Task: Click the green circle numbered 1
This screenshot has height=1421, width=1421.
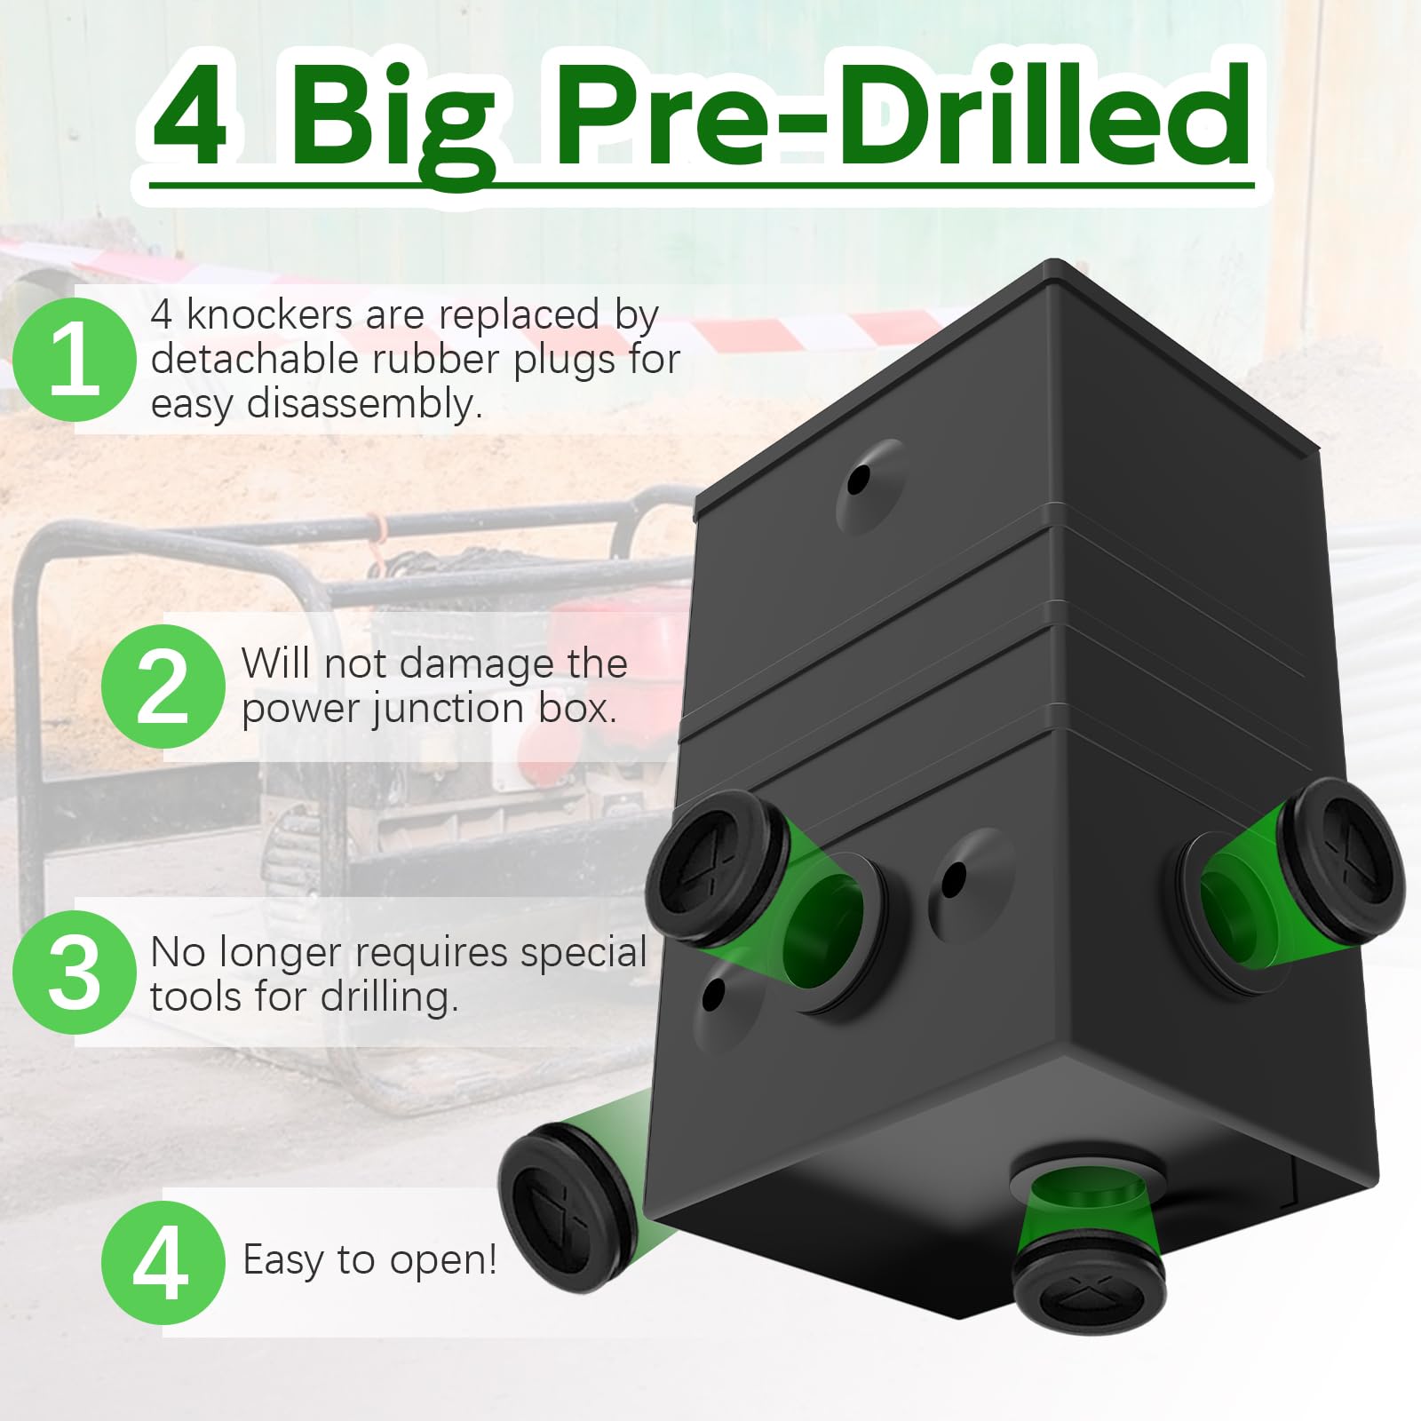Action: pos(75,359)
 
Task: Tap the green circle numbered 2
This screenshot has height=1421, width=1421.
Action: pos(163,687)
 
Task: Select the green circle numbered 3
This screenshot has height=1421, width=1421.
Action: pos(75,972)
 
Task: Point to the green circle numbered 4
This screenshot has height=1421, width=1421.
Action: pos(163,1262)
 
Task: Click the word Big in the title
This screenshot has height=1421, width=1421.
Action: pos(391,120)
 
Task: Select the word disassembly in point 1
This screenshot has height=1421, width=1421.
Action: pos(364,405)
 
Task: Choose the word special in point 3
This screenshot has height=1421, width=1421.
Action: pos(583,952)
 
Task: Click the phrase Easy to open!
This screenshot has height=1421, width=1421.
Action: pos(369,1259)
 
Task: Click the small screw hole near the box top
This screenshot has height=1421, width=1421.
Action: pos(859,480)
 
